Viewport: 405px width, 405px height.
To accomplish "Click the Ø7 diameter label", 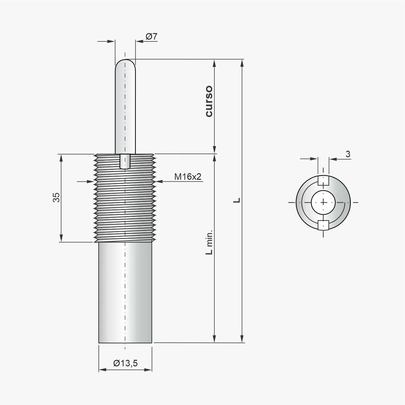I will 152,36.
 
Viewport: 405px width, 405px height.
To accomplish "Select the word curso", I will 209,101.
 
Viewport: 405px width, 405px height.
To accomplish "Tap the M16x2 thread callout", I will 188,177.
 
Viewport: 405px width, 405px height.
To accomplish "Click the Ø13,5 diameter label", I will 125,363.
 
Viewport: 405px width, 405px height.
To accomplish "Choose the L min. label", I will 209,242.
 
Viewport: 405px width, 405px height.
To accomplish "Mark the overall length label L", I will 237,200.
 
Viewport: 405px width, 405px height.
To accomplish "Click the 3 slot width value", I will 348,154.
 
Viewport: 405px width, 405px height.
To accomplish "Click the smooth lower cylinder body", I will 125,293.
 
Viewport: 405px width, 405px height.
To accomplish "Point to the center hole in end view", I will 323,202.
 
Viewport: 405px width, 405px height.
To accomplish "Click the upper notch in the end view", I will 323,180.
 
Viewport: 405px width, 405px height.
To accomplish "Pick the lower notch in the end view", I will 323,225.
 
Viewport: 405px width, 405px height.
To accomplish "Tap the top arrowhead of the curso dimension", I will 214,63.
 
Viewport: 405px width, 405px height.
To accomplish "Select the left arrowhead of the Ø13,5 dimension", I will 102,369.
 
